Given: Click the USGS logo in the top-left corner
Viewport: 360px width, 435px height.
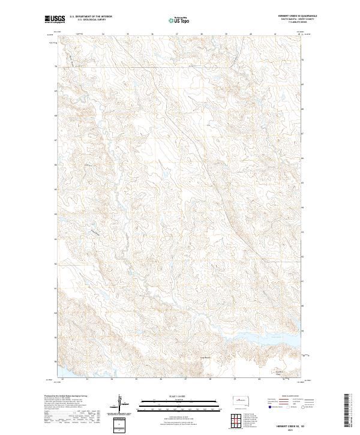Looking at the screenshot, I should pyautogui.click(x=54, y=20).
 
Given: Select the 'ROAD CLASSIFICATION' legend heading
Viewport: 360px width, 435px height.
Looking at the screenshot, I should pyautogui.click(x=285, y=397).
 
